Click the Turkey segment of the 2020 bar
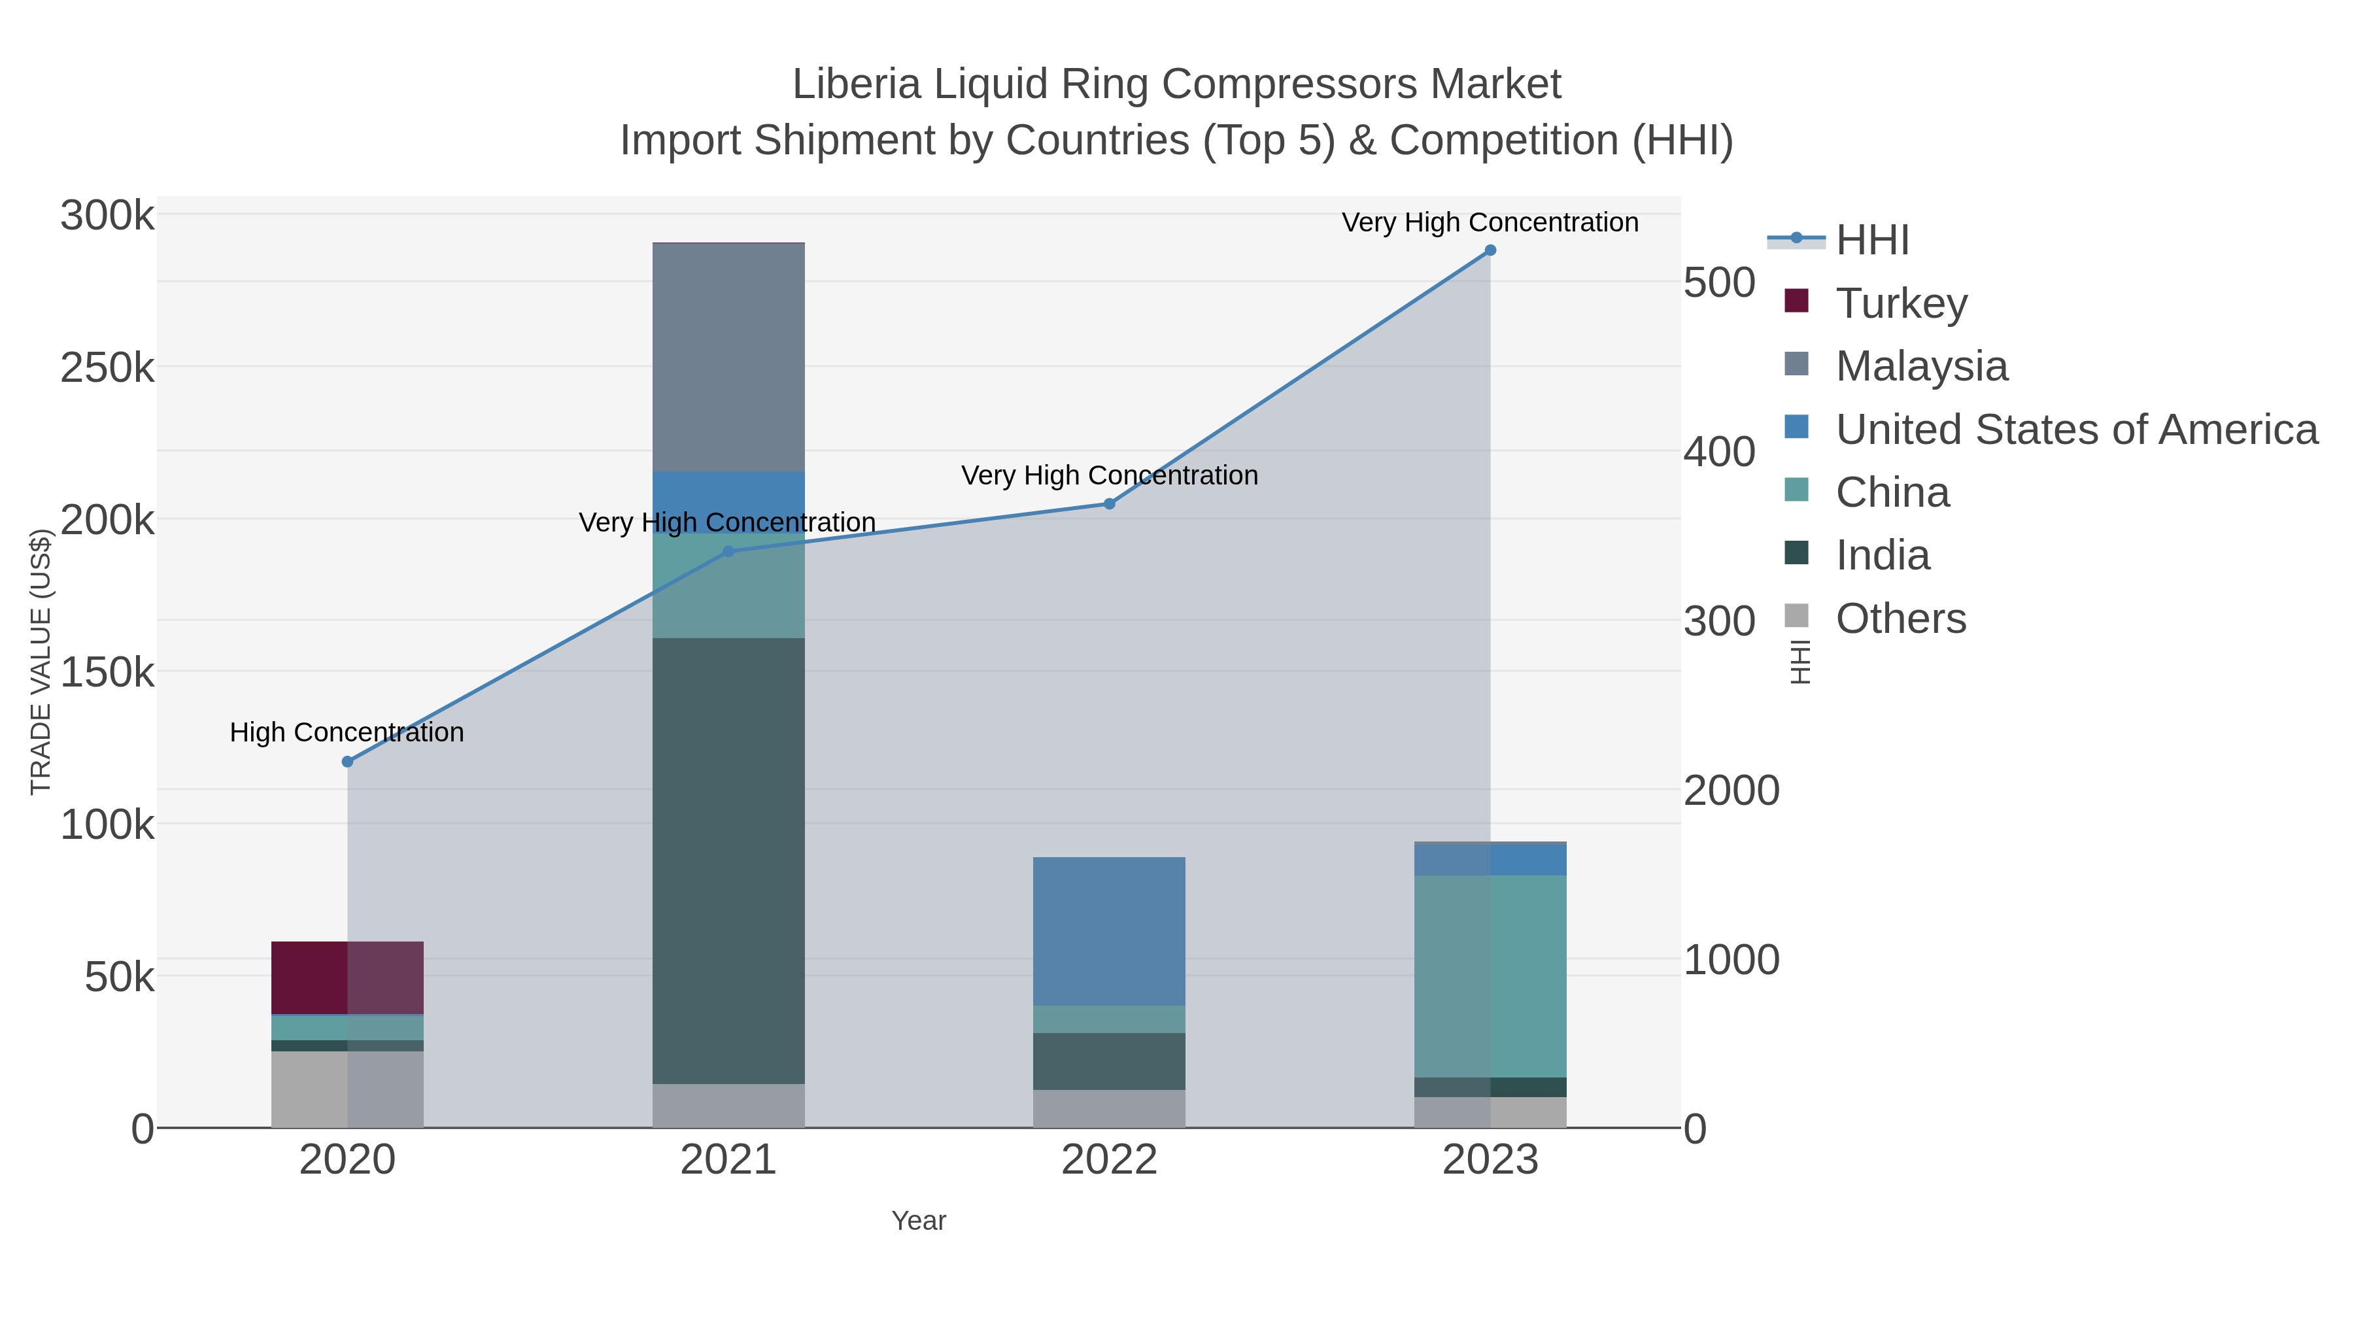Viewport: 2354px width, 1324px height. (347, 977)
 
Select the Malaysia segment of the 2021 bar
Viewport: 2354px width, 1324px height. (728, 356)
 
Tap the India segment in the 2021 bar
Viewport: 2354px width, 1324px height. (728, 860)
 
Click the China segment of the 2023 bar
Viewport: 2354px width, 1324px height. (1490, 976)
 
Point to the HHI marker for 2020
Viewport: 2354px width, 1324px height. (347, 761)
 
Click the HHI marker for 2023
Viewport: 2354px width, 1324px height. (1490, 250)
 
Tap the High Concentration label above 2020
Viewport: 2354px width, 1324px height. (347, 732)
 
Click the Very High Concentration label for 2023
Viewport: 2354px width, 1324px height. (1490, 222)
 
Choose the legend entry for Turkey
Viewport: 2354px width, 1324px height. (1901, 303)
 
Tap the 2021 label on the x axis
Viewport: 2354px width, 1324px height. (728, 1159)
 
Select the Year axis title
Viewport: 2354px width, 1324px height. (919, 1221)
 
